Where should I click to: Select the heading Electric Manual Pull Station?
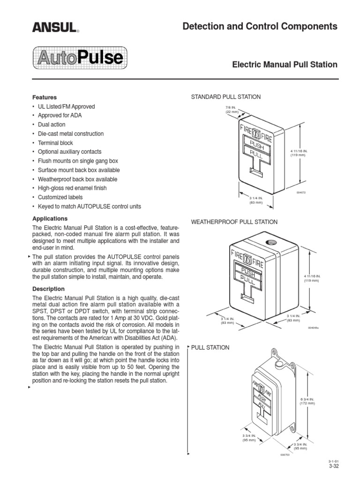click(285, 64)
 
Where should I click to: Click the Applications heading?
click(50, 219)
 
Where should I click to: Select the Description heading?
click(48, 289)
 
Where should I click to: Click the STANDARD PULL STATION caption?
click(225, 97)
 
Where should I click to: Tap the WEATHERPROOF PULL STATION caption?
click(234, 222)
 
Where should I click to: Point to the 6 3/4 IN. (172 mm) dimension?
click(308, 401)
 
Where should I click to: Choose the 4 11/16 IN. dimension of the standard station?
click(298, 153)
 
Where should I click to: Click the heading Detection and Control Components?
click(260, 26)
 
